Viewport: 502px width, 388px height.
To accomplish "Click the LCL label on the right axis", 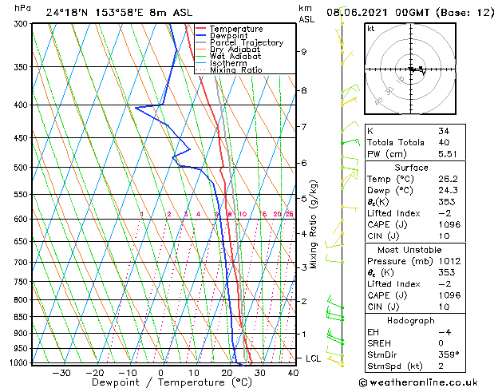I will point(314,358).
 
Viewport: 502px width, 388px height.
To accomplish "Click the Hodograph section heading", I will point(411,320).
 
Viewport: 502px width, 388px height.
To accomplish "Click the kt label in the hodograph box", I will point(370,29).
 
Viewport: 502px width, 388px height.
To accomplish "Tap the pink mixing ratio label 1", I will point(141,214).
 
